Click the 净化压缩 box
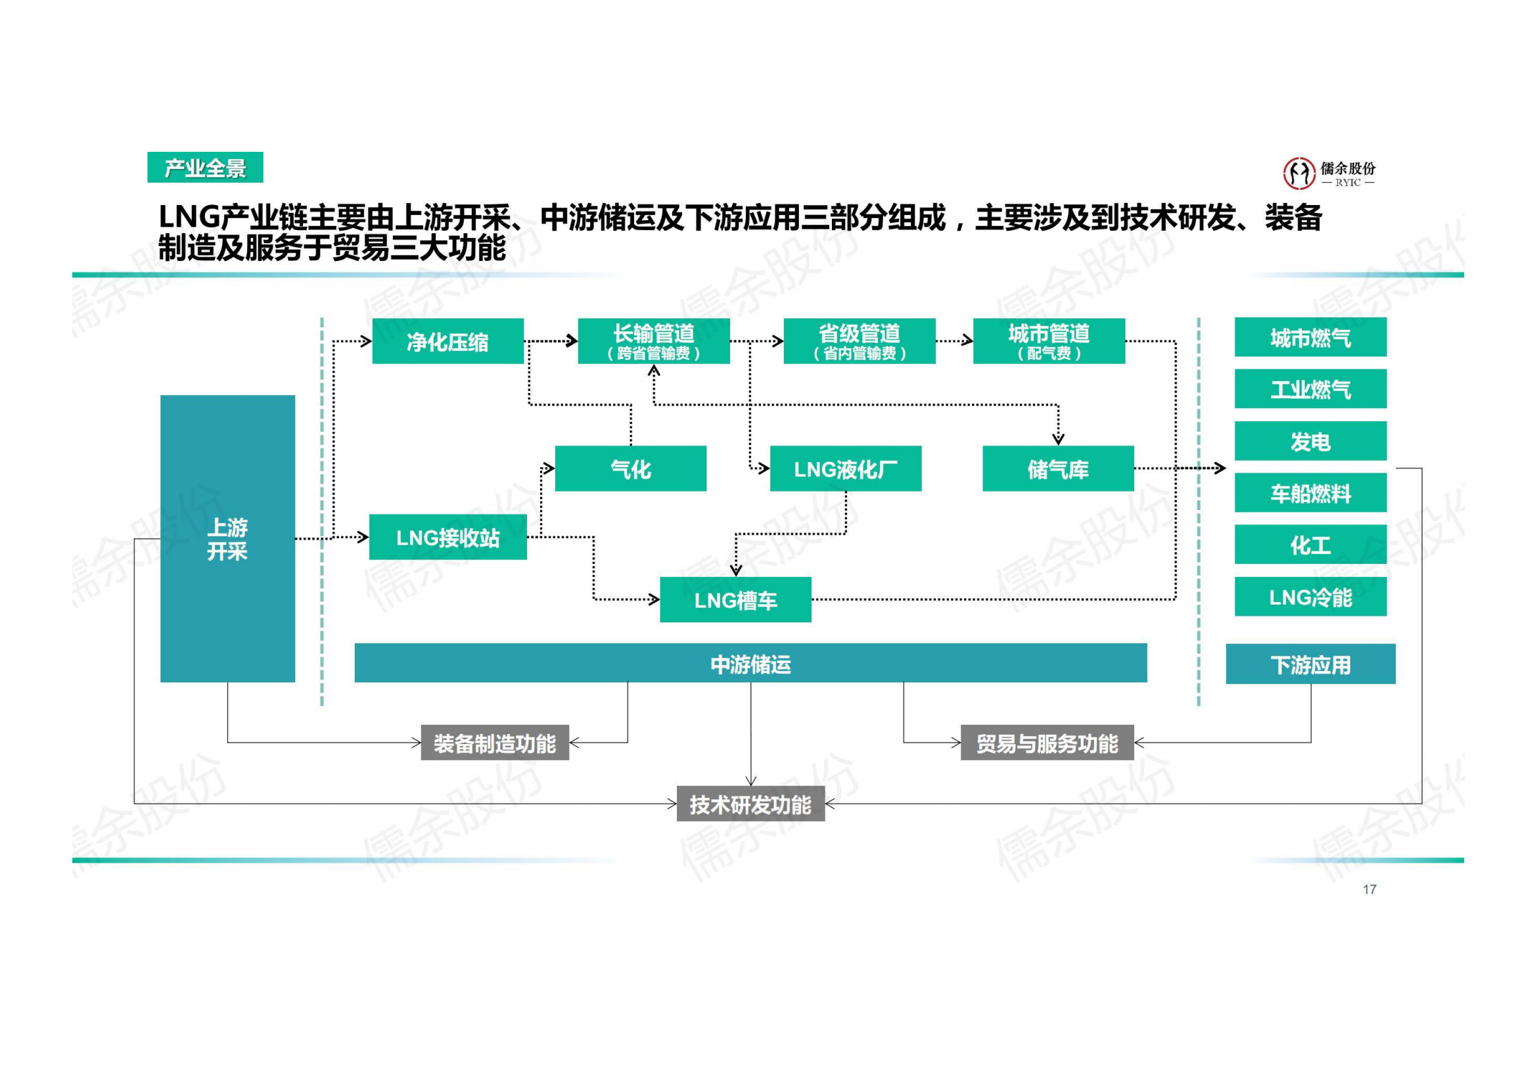[447, 341]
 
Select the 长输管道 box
[653, 341]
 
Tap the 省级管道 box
[859, 341]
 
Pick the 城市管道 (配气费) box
[1048, 341]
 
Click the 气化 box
[630, 469]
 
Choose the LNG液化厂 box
[845, 469]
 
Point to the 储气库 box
[1058, 469]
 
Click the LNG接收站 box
[447, 537]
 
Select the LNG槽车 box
[735, 600]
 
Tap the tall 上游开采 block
[227, 538]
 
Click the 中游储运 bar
[750, 663]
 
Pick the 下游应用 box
[1310, 664]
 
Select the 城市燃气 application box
[1310, 337]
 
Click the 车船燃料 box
[1310, 494]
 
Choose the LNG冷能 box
[1310, 597]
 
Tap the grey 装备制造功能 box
[494, 742]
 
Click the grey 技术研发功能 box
[750, 803]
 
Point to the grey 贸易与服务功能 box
[1046, 742]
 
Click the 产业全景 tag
[205, 168]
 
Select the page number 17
[1369, 889]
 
